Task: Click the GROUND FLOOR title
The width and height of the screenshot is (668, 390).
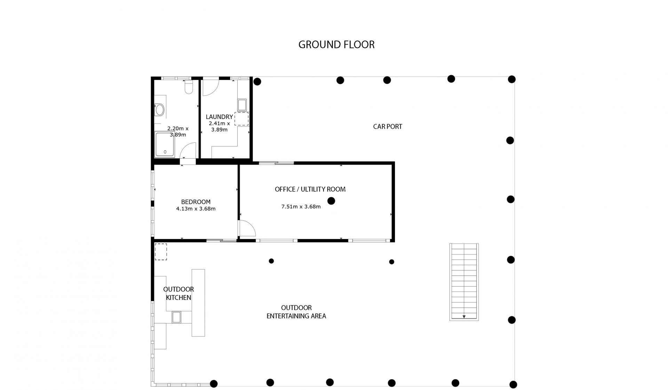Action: tap(336, 45)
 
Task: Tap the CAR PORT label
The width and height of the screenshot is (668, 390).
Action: tap(388, 127)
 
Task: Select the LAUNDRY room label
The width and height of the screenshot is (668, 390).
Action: tap(219, 117)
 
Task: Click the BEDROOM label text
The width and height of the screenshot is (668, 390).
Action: tap(196, 202)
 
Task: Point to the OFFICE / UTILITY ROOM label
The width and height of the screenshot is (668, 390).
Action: tap(310, 189)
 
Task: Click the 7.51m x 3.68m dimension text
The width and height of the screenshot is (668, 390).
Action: tap(301, 207)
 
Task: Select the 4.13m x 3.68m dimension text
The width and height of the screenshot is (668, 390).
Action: tap(196, 209)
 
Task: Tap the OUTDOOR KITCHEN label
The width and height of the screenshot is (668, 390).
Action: tap(178, 293)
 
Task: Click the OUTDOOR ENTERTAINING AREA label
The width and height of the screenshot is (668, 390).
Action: tap(296, 312)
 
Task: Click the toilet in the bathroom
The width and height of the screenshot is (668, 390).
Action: tap(189, 87)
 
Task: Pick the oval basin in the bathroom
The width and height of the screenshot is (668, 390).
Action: tap(160, 110)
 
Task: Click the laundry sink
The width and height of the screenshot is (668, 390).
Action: tap(242, 105)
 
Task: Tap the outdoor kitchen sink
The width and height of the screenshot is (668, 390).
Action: tap(177, 317)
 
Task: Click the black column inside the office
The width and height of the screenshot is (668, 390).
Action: tap(331, 201)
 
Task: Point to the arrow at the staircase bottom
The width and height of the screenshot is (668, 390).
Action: tap(464, 317)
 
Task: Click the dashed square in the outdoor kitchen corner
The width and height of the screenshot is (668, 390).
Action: tap(161, 252)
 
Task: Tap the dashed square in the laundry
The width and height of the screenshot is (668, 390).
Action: tap(241, 119)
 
